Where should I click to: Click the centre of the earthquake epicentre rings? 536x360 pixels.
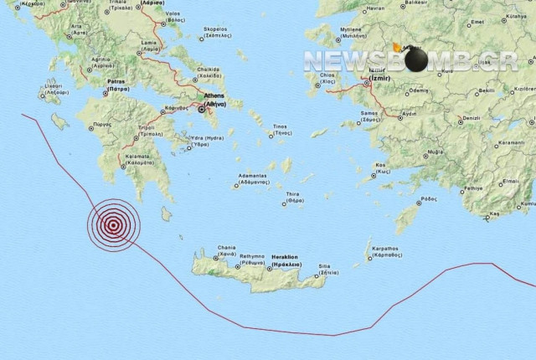pyautogui.click(x=113, y=223)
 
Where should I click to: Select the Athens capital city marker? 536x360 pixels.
pyautogui.click(x=201, y=108)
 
